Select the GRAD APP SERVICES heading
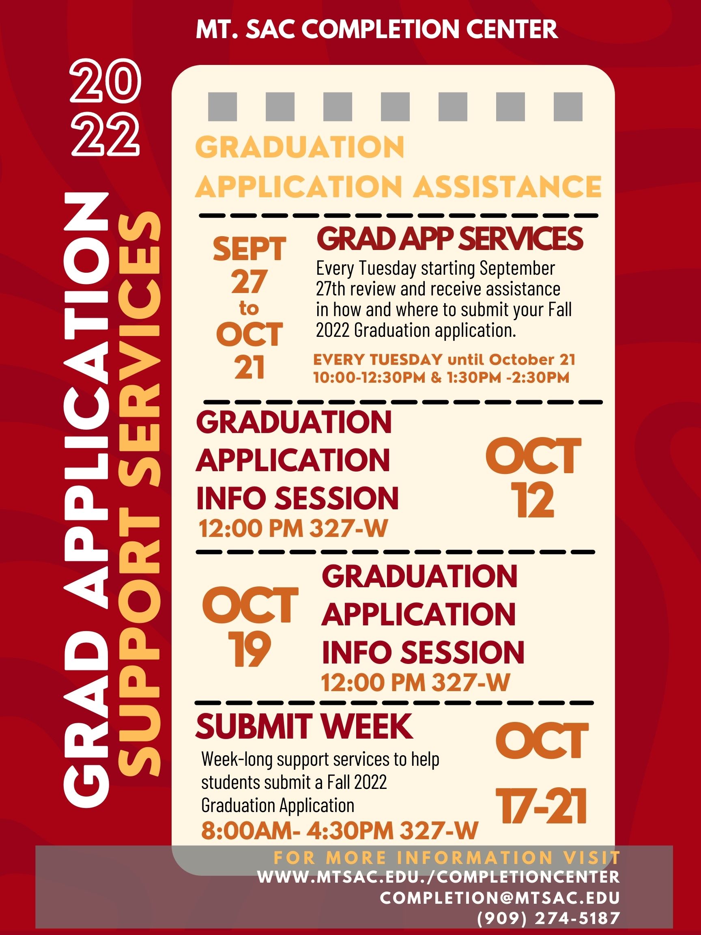click(450, 239)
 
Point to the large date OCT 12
click(533, 477)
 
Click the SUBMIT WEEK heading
click(304, 726)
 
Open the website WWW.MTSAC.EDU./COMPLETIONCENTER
click(439, 876)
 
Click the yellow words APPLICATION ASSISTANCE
click(398, 186)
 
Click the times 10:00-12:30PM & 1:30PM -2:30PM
click(441, 377)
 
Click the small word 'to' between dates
click(249, 308)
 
